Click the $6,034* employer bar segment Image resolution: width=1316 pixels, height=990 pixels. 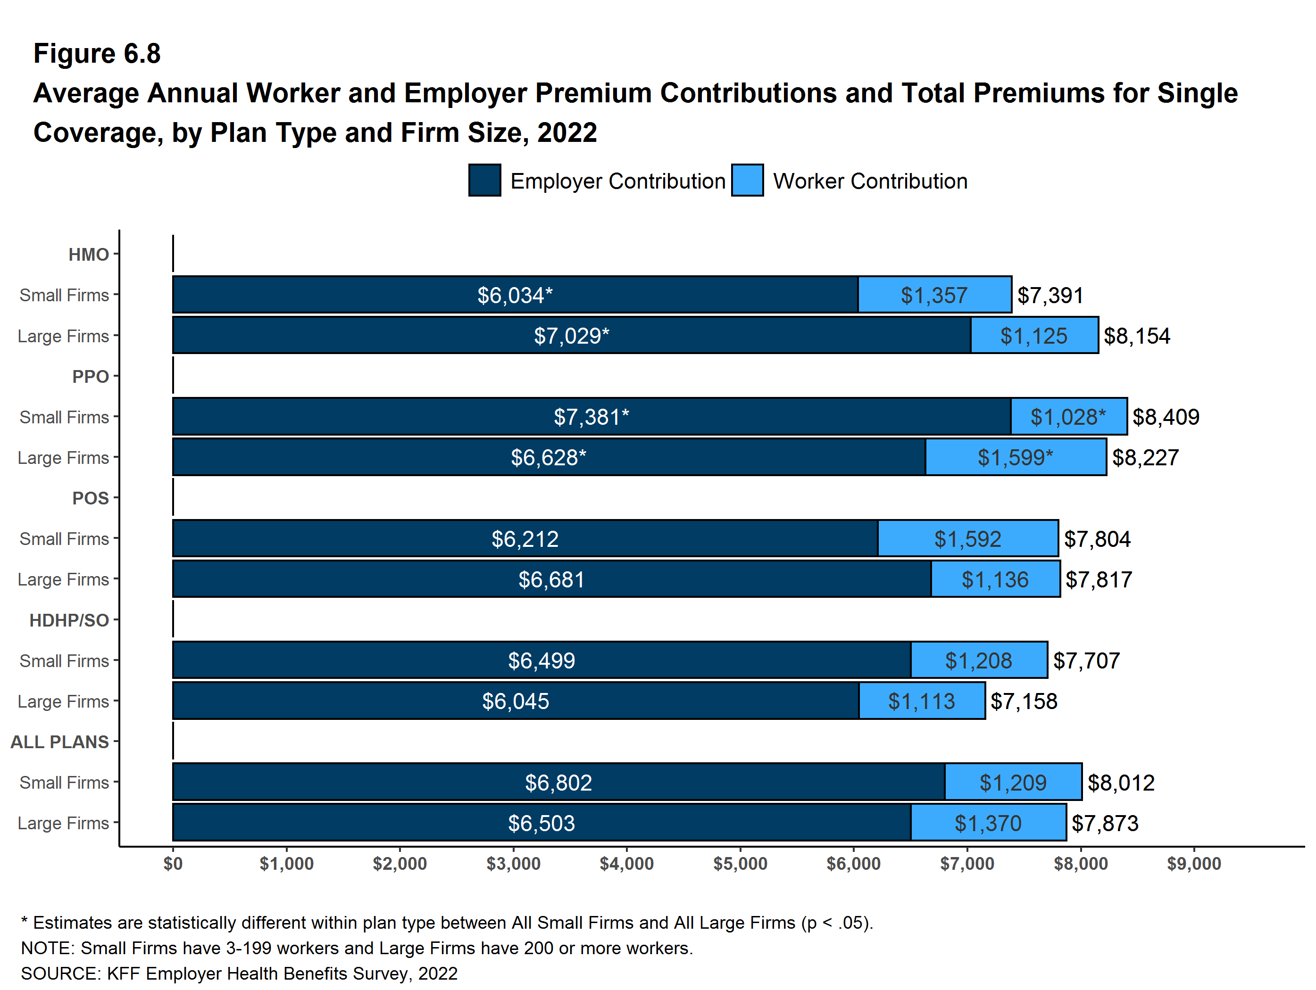[x=515, y=295]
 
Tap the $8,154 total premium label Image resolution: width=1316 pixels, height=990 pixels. [x=1136, y=336]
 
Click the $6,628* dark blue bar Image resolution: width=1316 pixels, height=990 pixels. [x=548, y=457]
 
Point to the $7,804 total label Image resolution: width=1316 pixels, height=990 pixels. [x=1097, y=539]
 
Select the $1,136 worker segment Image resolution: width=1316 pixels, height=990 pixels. [x=995, y=579]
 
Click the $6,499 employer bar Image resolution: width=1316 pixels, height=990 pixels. [x=541, y=660]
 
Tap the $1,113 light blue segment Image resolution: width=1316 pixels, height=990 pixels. [x=922, y=701]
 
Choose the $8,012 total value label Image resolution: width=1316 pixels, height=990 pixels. [x=1121, y=783]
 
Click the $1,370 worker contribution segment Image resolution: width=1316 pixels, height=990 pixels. [x=988, y=823]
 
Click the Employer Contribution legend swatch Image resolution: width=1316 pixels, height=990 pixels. [x=484, y=181]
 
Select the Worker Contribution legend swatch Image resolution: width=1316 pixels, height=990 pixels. [x=747, y=181]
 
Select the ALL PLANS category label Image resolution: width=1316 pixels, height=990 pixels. [x=59, y=742]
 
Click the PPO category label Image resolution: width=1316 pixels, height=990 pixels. [x=91, y=376]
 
